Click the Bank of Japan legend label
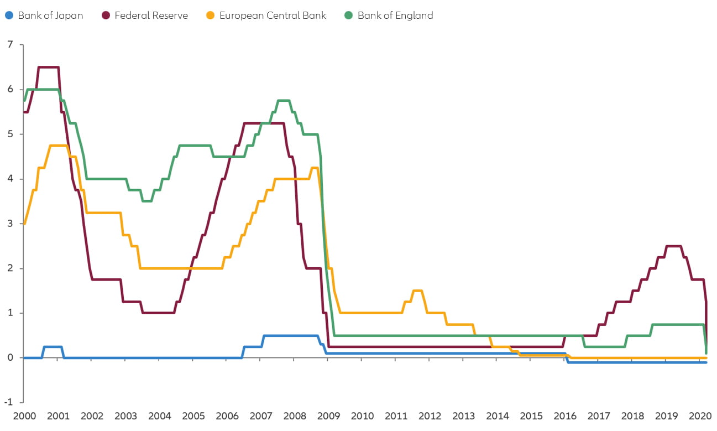(x=50, y=15)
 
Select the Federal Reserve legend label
(x=151, y=15)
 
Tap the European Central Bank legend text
(x=273, y=15)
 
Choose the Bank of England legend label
(x=395, y=15)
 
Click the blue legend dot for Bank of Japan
(x=9, y=15)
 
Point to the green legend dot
(x=349, y=15)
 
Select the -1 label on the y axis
(x=8, y=402)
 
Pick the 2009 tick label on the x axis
(x=328, y=416)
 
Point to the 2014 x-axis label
(x=497, y=416)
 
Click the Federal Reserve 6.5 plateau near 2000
(x=48, y=67)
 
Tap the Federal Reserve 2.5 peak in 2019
(x=673, y=246)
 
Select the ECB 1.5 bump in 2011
(x=417, y=290)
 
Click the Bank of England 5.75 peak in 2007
(x=283, y=101)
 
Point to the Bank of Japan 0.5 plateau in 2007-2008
(x=290, y=336)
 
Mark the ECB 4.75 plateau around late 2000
(x=59, y=146)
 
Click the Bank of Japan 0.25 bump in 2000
(x=53, y=347)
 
